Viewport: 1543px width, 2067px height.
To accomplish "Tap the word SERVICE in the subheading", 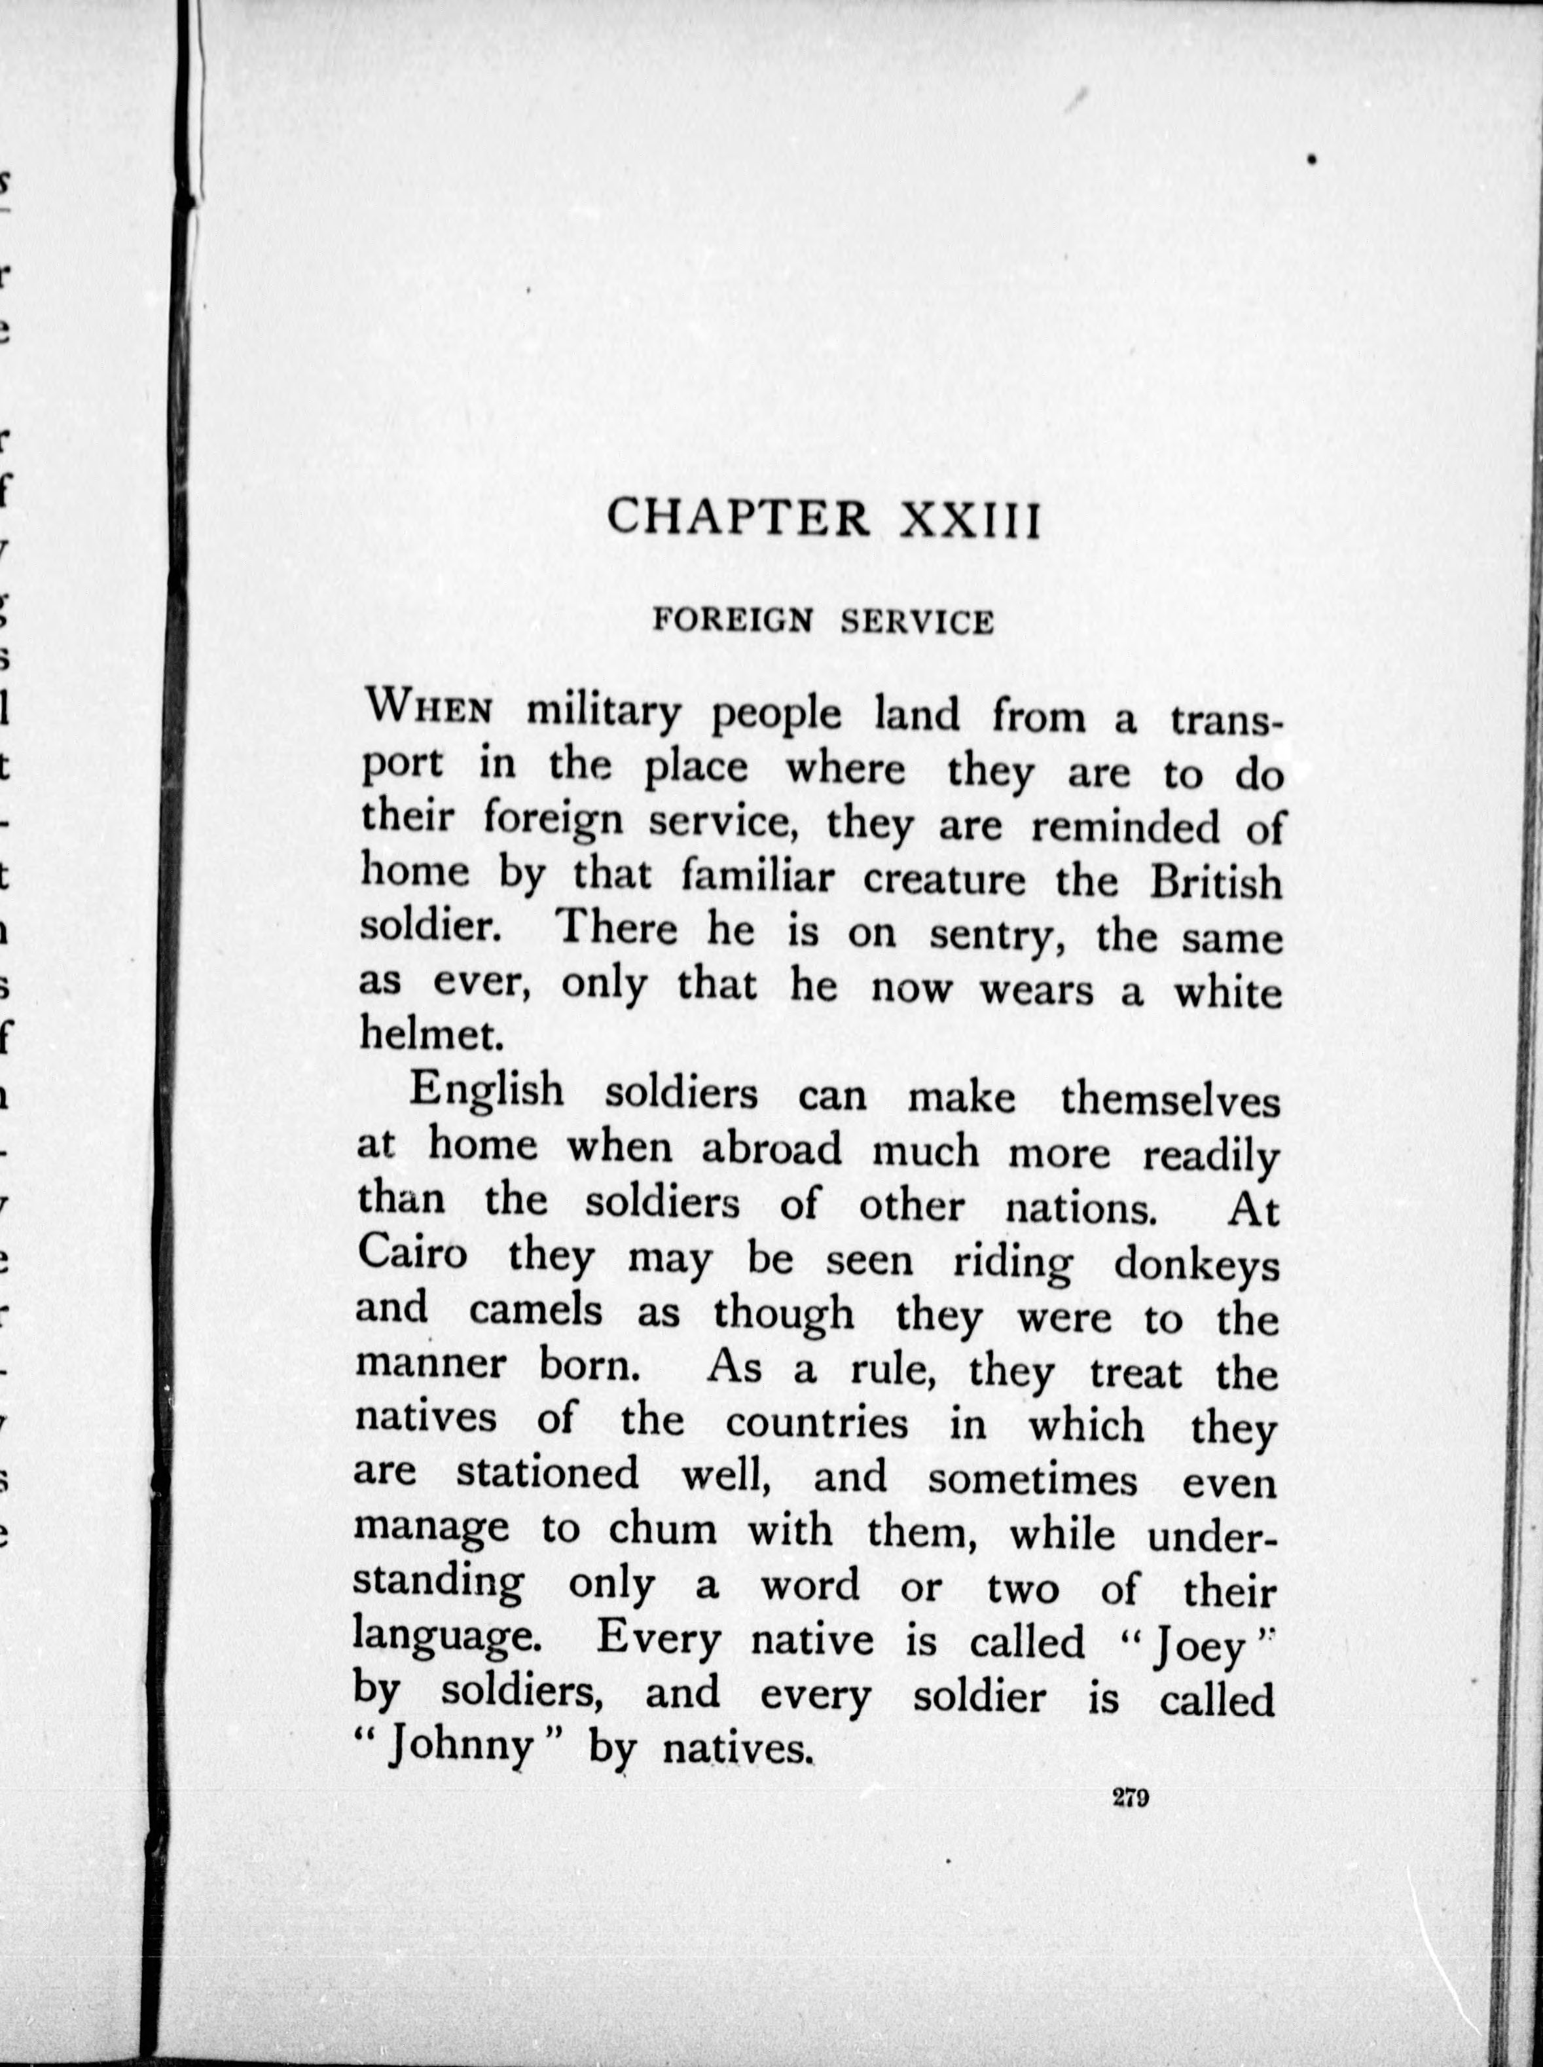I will point(917,622).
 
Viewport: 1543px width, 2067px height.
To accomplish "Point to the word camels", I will point(536,1310).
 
